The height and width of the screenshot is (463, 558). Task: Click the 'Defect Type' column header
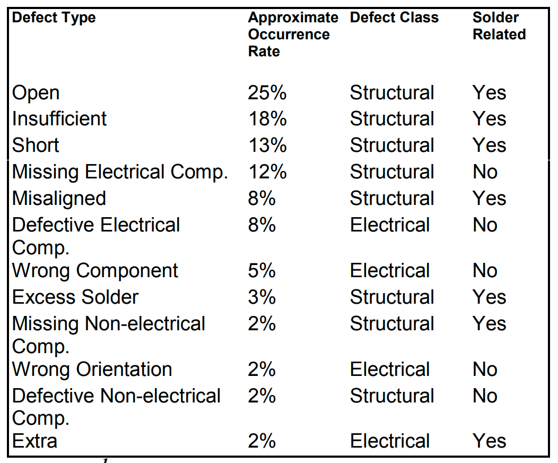pos(54,18)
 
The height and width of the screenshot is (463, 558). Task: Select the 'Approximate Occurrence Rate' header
pos(292,35)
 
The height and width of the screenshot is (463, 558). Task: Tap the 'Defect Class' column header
pos(394,18)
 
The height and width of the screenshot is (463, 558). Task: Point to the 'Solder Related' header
pos(499,26)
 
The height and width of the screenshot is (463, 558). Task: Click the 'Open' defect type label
pos(36,93)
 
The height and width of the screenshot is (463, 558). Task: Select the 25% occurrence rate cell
pos(267,93)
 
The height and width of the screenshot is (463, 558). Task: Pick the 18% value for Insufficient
pos(267,119)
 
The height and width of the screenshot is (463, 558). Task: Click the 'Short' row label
pos(36,145)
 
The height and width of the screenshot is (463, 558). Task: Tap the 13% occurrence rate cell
pos(267,145)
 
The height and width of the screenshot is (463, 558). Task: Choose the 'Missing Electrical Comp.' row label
pos(120,172)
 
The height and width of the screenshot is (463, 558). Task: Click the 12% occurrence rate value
pos(267,172)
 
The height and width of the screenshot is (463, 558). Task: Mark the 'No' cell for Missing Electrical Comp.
pos(485,172)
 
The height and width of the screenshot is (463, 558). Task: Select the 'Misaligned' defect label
pos(59,199)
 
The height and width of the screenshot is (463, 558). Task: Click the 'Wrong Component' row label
pos(95,271)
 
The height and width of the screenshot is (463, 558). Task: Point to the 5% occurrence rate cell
pos(261,271)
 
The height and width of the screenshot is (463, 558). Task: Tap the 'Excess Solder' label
pos(75,297)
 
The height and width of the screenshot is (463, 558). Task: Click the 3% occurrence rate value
pos(261,297)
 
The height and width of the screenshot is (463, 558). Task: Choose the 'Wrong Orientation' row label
pos(92,370)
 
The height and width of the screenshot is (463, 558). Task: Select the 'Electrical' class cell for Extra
pos(390,442)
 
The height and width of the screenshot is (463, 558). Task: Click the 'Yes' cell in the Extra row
pos(489,442)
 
